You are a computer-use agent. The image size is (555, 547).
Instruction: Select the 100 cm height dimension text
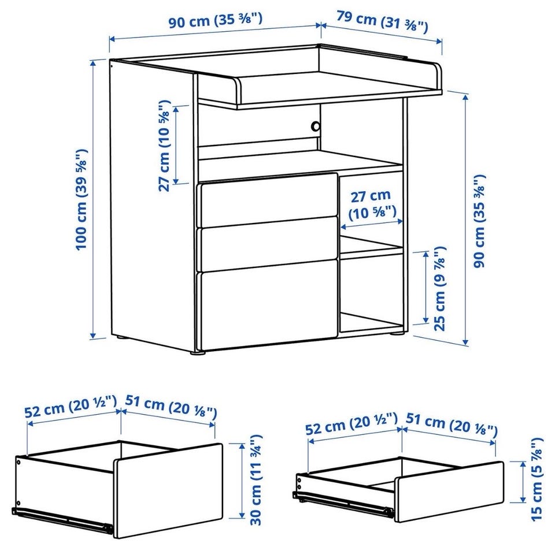pos(82,199)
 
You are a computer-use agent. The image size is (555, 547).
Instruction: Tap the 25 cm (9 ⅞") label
pos(439,288)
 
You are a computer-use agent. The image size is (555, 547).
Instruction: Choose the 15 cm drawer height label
pos(536,479)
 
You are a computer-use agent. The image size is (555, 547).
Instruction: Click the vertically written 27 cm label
pos(164,146)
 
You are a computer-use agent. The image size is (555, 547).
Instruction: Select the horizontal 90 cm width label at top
pos(215,21)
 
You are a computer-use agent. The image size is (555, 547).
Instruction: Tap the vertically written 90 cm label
pos(479,221)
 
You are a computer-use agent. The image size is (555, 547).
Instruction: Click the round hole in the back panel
pos(314,126)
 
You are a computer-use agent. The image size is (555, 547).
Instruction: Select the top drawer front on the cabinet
pos(269,200)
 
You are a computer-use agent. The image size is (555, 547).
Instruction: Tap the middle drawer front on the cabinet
pos(269,244)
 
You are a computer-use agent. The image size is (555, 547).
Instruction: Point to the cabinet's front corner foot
pos(198,352)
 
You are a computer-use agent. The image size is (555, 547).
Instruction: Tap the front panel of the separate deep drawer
pos(168,491)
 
